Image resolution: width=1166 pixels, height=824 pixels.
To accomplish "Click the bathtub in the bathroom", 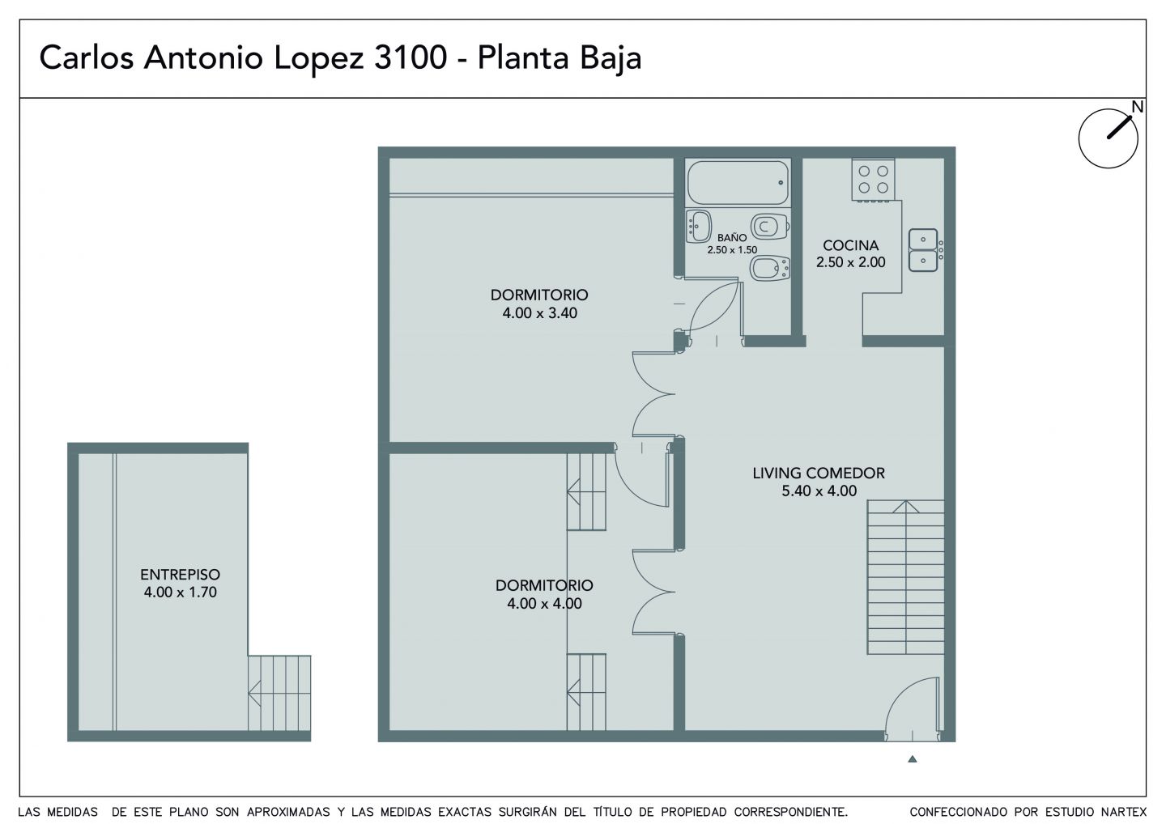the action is click(x=738, y=182).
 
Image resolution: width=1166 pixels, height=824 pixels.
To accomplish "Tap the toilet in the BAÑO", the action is click(x=770, y=227).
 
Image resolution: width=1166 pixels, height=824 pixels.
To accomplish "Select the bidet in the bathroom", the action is click(x=770, y=269).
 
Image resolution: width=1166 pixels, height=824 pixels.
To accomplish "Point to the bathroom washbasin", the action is click(x=698, y=227).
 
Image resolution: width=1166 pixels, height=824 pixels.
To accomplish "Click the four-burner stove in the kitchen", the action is click(x=874, y=180).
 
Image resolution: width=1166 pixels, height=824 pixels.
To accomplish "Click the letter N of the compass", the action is click(x=1138, y=107).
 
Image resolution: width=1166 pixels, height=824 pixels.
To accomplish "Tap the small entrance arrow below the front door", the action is click(x=912, y=759).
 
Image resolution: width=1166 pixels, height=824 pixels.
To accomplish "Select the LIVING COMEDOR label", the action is click(x=819, y=473).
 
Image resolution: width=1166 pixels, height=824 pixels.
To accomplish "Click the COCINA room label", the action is click(x=850, y=245).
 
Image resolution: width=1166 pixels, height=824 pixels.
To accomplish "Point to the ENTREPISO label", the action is click(x=180, y=575).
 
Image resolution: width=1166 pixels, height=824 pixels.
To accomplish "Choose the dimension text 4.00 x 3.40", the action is click(x=540, y=312).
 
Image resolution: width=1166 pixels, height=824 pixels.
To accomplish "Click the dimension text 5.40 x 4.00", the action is click(x=819, y=491).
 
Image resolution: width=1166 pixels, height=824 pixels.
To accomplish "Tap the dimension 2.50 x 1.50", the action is click(x=732, y=249).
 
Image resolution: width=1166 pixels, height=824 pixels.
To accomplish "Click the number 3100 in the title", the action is click(x=411, y=57).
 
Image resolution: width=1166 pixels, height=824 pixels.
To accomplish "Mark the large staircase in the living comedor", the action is click(x=906, y=577).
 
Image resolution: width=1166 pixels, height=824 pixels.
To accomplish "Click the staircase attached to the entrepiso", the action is click(x=279, y=693).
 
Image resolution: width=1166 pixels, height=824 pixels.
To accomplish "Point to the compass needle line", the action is click(x=1119, y=127).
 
